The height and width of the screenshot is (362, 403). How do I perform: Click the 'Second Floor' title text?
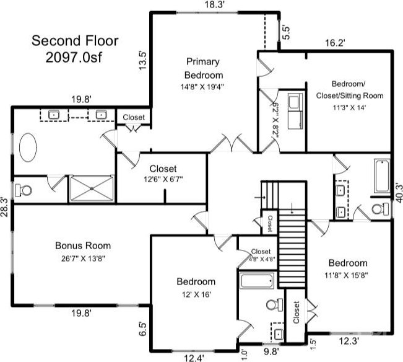pos(75,41)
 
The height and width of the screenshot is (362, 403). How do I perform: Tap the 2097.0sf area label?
pos(74,58)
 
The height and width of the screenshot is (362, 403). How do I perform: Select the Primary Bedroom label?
pos(202,68)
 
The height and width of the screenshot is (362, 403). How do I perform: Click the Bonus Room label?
pos(83,245)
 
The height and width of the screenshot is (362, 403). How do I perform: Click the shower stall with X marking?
pos(92,188)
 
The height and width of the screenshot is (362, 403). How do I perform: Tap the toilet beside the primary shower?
pos(23,191)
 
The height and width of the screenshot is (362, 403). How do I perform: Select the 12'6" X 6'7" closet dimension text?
pos(163,179)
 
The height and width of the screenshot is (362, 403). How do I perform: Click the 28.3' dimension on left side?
pos(4,207)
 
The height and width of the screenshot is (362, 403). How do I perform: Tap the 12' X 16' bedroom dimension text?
pos(196,294)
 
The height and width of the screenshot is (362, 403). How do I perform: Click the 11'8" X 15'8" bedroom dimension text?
pos(346,275)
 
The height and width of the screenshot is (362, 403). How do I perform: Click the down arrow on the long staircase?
pos(292,208)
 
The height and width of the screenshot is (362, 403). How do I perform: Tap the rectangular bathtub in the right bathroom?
pos(382,175)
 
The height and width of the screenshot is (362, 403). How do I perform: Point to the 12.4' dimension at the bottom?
pos(194,358)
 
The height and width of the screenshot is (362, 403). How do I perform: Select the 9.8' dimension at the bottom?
pos(271,351)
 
